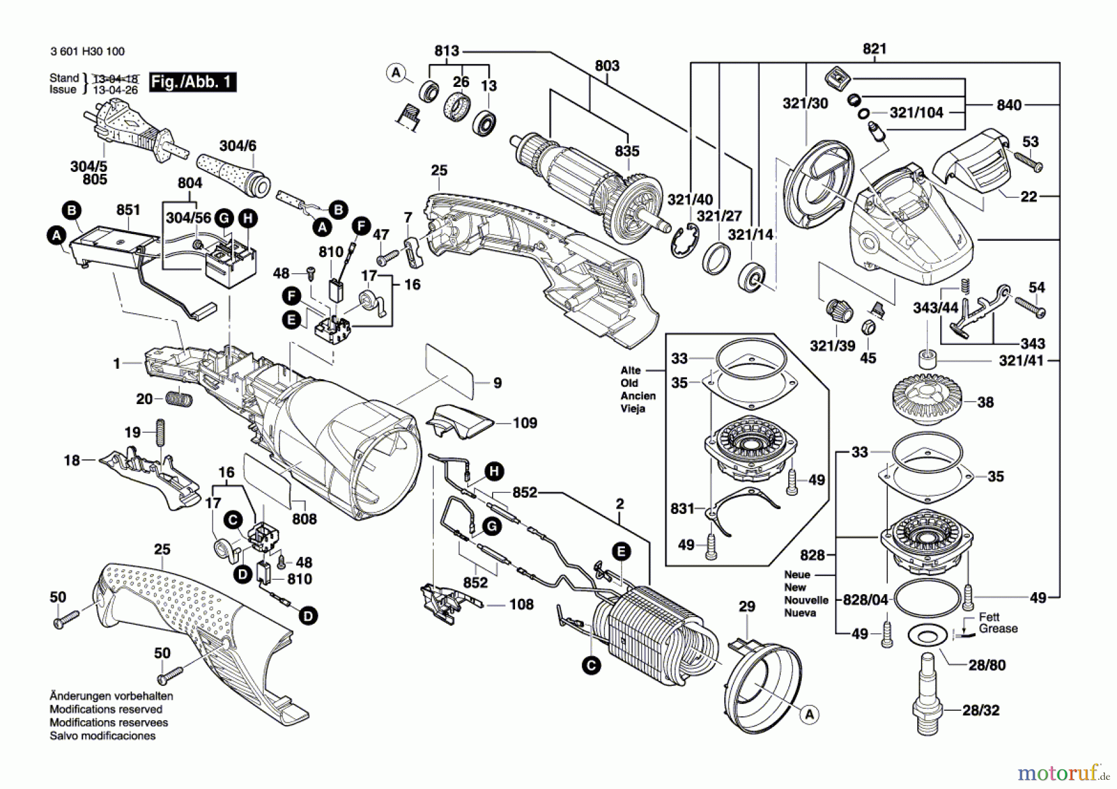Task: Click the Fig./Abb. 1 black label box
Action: click(x=192, y=82)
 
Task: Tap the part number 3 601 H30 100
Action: click(x=87, y=52)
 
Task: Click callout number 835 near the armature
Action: click(x=627, y=151)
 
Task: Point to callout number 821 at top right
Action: click(x=874, y=49)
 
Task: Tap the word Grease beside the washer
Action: click(x=998, y=629)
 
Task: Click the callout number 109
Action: click(x=525, y=423)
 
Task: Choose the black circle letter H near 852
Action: click(x=494, y=471)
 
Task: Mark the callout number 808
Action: click(x=304, y=519)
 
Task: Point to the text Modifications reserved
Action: click(x=105, y=710)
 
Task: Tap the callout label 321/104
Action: click(x=916, y=112)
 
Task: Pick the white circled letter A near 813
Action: click(x=396, y=73)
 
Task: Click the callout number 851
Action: click(x=128, y=210)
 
